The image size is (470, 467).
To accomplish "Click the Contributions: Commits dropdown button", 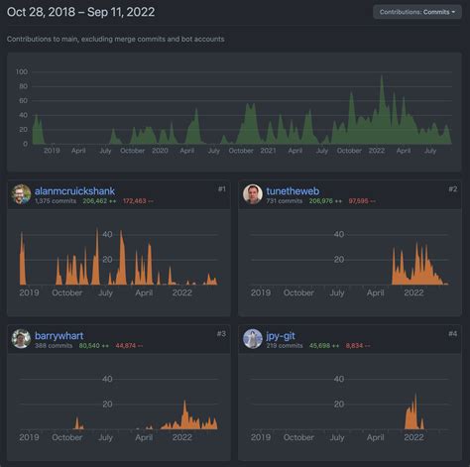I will [416, 12].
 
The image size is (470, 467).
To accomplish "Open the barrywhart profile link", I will [60, 335].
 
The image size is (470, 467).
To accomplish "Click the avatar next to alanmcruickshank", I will [21, 194].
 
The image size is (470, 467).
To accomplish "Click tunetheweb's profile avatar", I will [253, 194].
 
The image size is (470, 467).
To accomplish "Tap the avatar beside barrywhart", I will [21, 340].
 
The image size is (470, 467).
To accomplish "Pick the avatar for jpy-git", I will [253, 340].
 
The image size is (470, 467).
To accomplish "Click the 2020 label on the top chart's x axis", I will [160, 151].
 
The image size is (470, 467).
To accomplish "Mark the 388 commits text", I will [54, 346].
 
